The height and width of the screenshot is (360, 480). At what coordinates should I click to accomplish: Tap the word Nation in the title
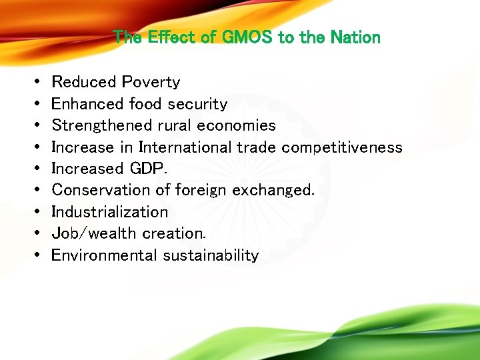tap(354, 37)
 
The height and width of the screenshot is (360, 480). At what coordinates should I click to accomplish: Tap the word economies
tap(237, 125)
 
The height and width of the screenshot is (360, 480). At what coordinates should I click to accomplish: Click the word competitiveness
tap(342, 147)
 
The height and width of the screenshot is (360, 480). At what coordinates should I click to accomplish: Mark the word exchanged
tap(271, 190)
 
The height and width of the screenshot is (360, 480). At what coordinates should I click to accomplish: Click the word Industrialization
tap(109, 212)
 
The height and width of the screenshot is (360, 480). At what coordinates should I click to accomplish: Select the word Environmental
tap(101, 255)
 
